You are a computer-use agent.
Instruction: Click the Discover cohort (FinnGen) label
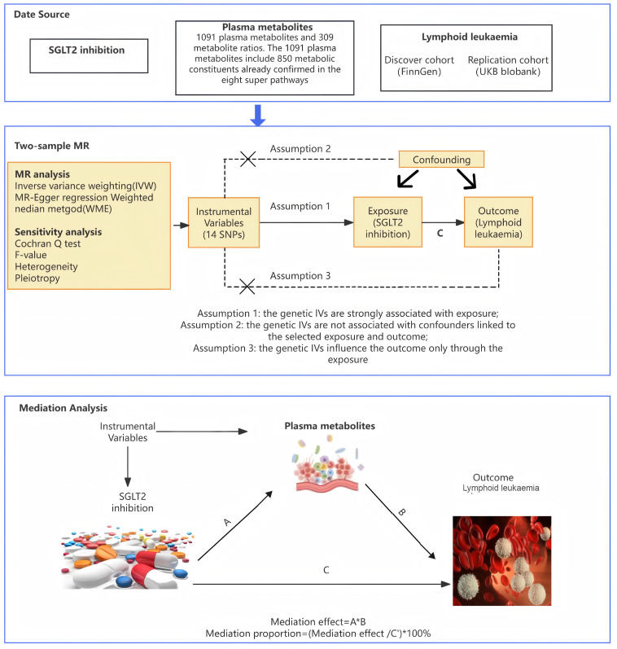418,66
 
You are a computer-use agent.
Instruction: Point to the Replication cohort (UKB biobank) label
507,66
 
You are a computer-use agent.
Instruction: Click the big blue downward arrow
258,115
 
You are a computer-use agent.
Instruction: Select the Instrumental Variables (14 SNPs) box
224,219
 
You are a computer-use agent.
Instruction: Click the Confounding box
440,160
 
